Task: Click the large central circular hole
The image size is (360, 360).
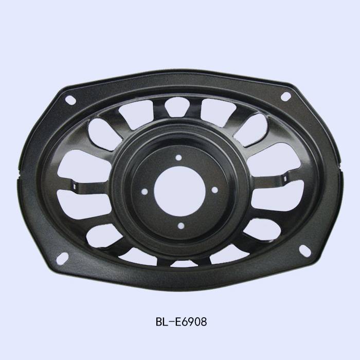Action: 179,191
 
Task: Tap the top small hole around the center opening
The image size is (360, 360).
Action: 178,157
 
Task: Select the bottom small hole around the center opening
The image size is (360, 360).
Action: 181,226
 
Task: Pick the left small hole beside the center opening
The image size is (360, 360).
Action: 145,192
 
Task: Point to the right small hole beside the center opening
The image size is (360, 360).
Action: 214,190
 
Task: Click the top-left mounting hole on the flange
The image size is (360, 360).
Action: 70,100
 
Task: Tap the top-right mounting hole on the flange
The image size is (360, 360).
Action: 285,97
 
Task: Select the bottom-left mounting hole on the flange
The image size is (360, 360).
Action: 62,258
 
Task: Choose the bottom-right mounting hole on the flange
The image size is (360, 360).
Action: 305,250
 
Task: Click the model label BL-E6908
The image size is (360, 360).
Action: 181,321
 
